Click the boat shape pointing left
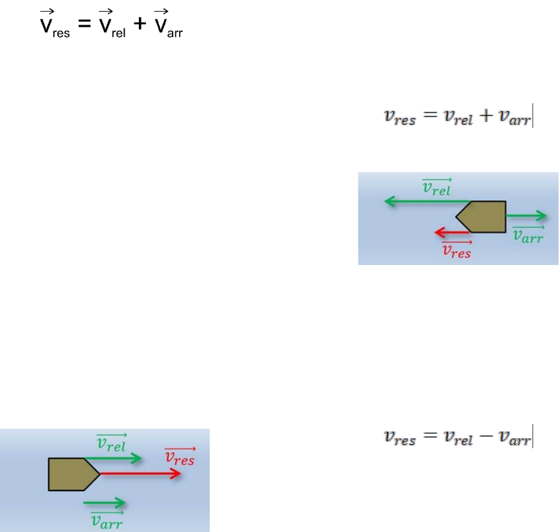click(x=484, y=216)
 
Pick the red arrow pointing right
click(x=140, y=474)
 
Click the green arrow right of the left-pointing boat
click(x=527, y=216)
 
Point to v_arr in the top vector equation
click(x=168, y=27)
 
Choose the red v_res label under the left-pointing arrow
click(x=456, y=250)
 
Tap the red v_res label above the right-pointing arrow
click(x=179, y=457)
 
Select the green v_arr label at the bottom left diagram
click(x=107, y=520)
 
